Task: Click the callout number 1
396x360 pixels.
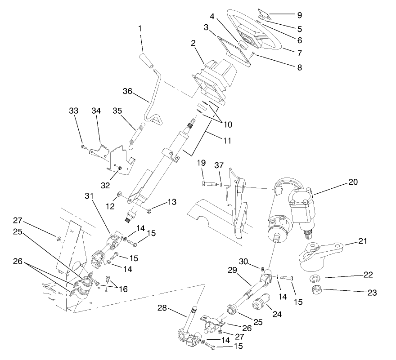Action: [x=140, y=28]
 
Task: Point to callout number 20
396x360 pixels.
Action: [x=353, y=183]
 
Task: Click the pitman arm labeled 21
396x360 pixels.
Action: [x=320, y=252]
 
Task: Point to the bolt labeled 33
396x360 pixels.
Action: [x=83, y=147]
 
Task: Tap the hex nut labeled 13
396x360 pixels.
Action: [x=148, y=209]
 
